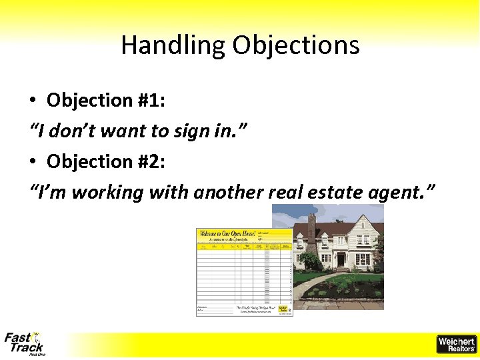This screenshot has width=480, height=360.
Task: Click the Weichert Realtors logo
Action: (x=456, y=344)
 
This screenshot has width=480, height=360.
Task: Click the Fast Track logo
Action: (x=25, y=343)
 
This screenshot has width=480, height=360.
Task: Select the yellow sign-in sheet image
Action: (x=244, y=272)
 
